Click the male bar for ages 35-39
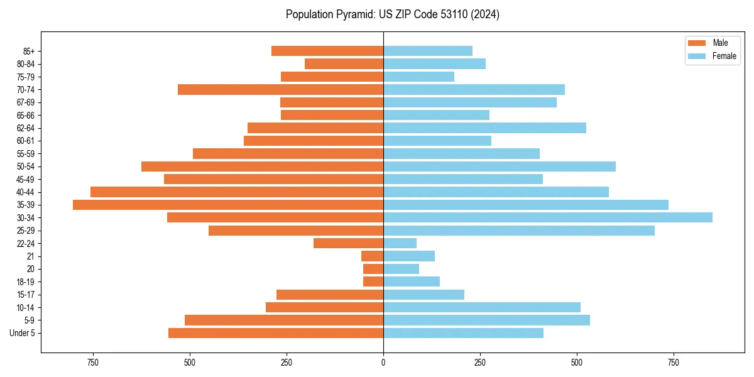(x=227, y=205)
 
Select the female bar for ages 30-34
(x=547, y=217)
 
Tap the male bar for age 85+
(x=327, y=51)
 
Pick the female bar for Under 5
(x=463, y=333)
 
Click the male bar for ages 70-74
(x=280, y=89)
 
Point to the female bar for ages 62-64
(x=484, y=128)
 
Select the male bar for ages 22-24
(x=348, y=243)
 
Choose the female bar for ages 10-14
(x=481, y=307)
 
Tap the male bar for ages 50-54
(x=262, y=167)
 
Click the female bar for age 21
(x=409, y=256)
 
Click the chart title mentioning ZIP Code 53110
(x=393, y=14)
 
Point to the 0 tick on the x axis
(x=383, y=363)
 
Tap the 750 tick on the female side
(x=674, y=363)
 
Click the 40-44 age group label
(x=26, y=192)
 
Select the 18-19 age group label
(x=26, y=282)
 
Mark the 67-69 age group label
(x=26, y=102)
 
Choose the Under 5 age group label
(x=23, y=333)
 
